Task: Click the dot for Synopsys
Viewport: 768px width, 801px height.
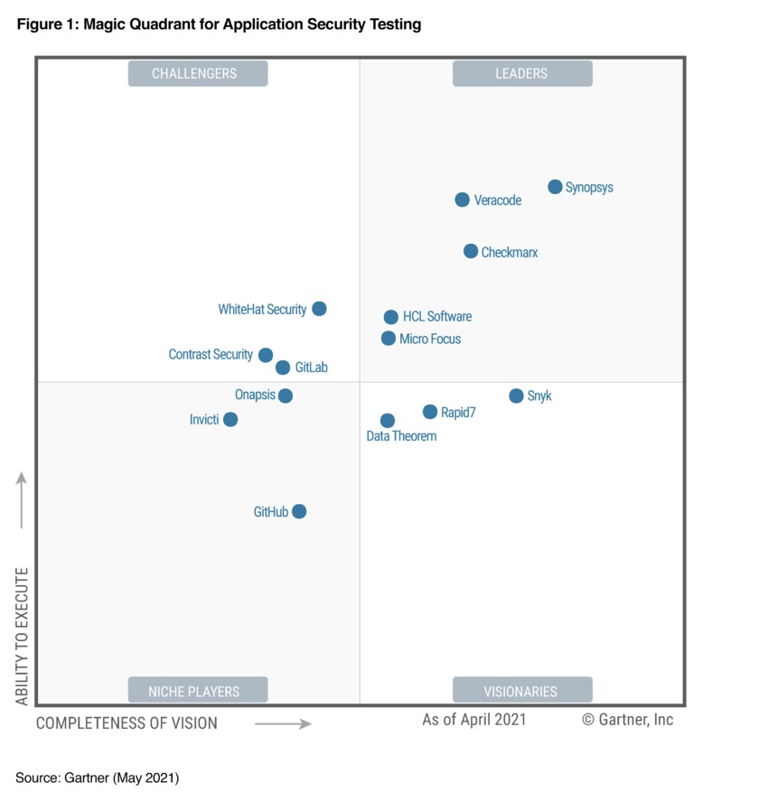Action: tap(555, 187)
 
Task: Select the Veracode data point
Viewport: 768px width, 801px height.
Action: tap(462, 200)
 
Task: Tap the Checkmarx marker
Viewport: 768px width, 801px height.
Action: tap(471, 251)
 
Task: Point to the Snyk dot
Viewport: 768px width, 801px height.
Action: tap(516, 396)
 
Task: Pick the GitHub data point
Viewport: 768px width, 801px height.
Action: tap(299, 511)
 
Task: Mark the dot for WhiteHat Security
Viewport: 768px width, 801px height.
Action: tap(319, 309)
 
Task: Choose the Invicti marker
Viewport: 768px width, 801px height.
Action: tap(230, 419)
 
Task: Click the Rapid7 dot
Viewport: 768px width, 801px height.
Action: tap(430, 412)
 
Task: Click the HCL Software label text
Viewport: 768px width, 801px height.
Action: tap(437, 317)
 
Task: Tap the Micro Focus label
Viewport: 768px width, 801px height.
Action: tap(430, 339)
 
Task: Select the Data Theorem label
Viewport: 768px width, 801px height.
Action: tap(401, 436)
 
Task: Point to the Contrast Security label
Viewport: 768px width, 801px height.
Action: tap(211, 355)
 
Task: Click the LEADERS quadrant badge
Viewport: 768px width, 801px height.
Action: tap(522, 74)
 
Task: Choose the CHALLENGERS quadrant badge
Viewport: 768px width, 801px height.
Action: tap(198, 74)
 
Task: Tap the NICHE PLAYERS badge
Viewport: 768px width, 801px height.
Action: tap(198, 691)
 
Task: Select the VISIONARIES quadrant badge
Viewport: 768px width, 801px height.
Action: tap(522, 691)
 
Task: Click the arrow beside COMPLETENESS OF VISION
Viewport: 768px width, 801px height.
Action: tap(283, 723)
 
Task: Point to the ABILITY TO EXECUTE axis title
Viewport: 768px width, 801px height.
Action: tap(22, 636)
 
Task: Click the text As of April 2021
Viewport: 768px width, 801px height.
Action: tap(473, 720)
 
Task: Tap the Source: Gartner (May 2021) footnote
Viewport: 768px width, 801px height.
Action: tap(98, 778)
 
